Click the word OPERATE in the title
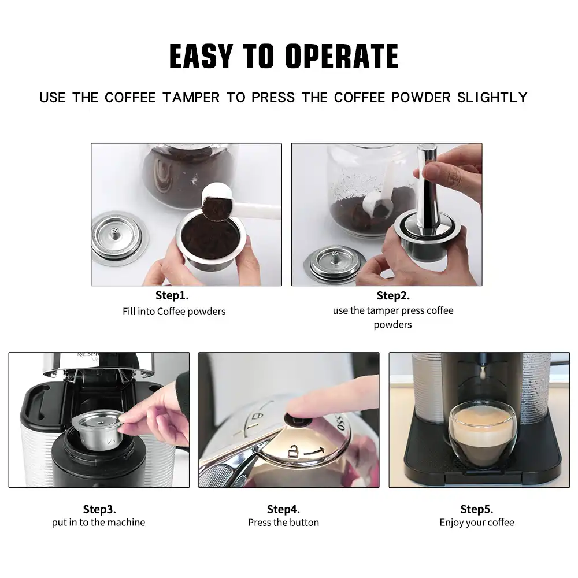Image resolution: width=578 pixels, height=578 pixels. click(x=342, y=57)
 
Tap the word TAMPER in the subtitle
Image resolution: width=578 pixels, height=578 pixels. click(x=191, y=98)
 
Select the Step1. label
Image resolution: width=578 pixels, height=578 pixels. click(x=172, y=295)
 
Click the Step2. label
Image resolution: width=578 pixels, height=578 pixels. click(x=393, y=295)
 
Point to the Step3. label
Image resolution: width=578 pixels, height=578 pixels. click(x=99, y=509)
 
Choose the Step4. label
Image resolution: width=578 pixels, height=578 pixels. click(x=283, y=509)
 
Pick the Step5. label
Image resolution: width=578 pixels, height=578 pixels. click(x=477, y=509)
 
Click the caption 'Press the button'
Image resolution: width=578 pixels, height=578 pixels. click(x=283, y=523)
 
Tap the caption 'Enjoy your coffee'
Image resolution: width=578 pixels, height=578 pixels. click(x=477, y=523)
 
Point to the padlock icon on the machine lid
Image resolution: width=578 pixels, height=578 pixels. click(x=292, y=451)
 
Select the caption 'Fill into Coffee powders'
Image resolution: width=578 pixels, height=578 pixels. click(x=174, y=312)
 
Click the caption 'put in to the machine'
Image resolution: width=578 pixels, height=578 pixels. click(x=98, y=523)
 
